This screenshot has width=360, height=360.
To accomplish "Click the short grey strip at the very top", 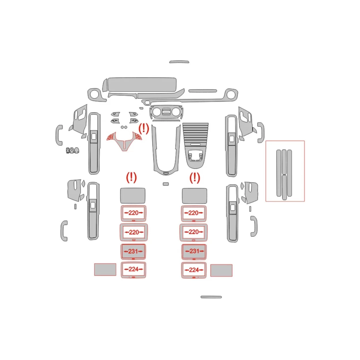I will tap(179, 62).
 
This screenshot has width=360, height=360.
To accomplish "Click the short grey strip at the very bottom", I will tap(211, 297).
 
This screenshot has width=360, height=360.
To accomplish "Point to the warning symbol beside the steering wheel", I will tap(143, 128).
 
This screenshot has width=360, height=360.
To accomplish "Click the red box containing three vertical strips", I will tap(285, 171).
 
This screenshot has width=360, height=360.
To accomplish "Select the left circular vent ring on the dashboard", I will tap(94, 94).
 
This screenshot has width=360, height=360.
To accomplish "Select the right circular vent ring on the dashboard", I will tap(230, 94).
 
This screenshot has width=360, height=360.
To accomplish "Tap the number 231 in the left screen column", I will tap(133, 251).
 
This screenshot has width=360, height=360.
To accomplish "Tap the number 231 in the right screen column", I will tap(194, 251).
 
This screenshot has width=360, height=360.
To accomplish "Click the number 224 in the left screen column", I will tap(133, 269).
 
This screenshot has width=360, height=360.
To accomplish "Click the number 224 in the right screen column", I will tap(194, 270).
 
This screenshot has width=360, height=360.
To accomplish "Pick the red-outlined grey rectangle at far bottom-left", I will tap(105, 270).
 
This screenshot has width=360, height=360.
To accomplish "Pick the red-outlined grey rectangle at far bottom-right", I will tap(221, 270).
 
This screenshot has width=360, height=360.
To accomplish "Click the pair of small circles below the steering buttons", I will tap(124, 127).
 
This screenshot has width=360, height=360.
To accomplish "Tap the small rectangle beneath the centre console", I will tap(166, 184).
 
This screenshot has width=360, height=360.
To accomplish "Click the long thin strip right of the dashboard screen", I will tap(202, 91).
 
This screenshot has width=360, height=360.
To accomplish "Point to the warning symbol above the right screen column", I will tap(195, 178).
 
